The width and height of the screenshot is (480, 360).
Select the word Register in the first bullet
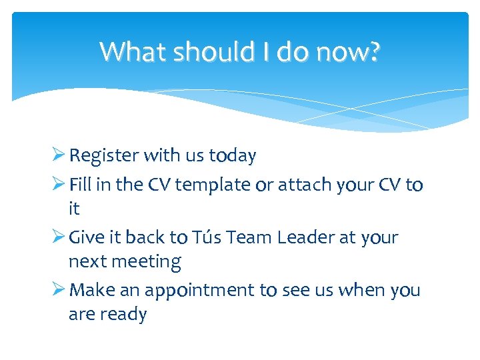pyautogui.click(x=103, y=156)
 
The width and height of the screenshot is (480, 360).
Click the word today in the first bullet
pyautogui.click(x=233, y=156)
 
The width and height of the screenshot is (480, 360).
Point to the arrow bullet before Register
pyautogui.click(x=58, y=155)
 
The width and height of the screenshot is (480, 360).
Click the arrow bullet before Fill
pyautogui.click(x=58, y=183)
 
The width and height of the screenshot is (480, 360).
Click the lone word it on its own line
pyautogui.click(x=74, y=209)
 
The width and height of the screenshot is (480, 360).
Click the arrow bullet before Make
pyautogui.click(x=58, y=289)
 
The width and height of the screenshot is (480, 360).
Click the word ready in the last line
pyautogui.click(x=125, y=315)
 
